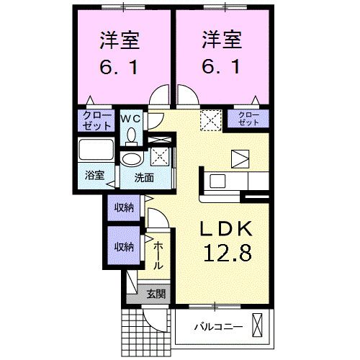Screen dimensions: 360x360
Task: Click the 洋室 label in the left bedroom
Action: coord(119,37)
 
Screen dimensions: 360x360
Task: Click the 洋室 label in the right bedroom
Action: coord(220,37)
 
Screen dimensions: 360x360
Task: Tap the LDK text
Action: coord(225,229)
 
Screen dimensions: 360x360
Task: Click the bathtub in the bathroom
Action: coord(96,152)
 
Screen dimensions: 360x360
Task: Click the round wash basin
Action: coord(131,159)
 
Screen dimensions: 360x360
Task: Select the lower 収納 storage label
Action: coord(123,246)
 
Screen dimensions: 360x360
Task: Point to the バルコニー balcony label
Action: coord(217,328)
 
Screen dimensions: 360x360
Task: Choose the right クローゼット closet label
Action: coord(248,120)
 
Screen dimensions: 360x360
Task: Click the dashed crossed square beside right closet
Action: coord(211,119)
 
